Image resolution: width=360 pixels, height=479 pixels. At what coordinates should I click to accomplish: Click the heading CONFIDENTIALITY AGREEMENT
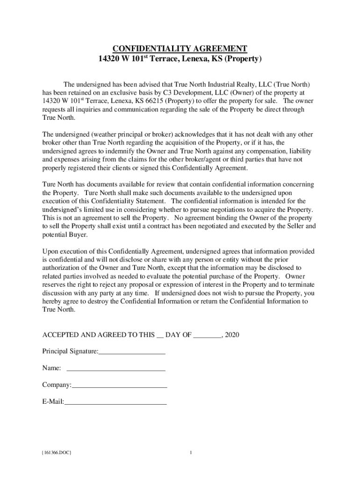click(180, 49)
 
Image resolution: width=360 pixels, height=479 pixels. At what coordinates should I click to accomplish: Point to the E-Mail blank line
click(115, 403)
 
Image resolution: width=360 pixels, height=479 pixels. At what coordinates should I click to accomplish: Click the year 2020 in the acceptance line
click(232, 335)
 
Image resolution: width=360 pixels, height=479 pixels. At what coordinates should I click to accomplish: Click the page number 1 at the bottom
click(191, 453)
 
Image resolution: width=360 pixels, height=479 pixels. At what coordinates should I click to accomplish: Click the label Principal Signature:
click(70, 351)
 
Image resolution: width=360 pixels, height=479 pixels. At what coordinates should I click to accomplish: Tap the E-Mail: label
click(53, 401)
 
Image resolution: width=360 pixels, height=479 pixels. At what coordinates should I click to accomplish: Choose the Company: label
click(57, 385)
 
